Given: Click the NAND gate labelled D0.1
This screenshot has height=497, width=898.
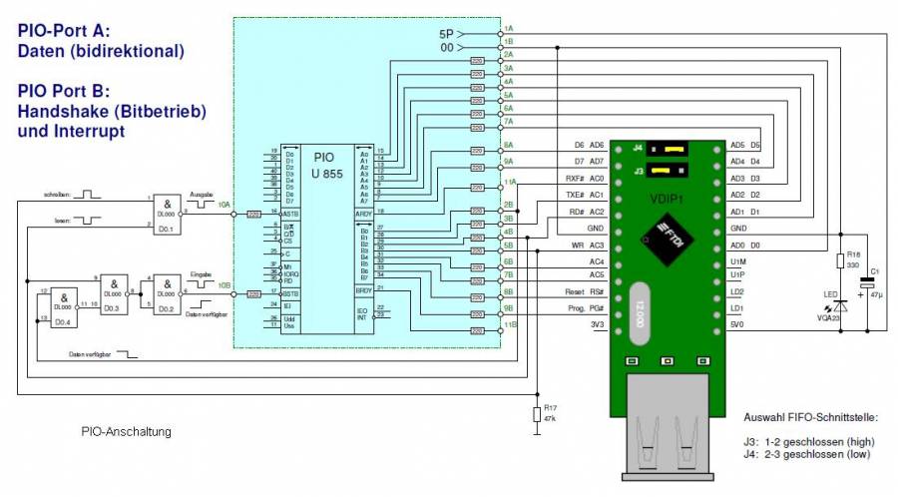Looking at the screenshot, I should (x=167, y=213).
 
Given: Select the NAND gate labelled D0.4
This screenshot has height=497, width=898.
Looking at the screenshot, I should (x=64, y=306).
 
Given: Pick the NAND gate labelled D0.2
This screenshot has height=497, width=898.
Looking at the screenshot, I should (x=167, y=293).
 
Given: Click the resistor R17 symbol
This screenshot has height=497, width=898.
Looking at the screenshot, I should (x=536, y=414).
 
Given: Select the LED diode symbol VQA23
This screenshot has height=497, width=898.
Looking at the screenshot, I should (x=839, y=305).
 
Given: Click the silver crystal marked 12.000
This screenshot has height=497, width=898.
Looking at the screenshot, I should (x=638, y=305).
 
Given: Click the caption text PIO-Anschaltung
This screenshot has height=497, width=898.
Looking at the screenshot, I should (x=127, y=432).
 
